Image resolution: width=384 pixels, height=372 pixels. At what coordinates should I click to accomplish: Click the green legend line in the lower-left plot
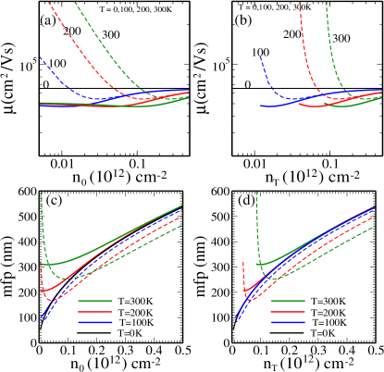click(x=94, y=301)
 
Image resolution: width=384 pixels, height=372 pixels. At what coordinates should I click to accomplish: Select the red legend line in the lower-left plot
click(x=94, y=312)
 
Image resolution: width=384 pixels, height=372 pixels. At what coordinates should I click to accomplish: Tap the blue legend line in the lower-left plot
click(x=94, y=322)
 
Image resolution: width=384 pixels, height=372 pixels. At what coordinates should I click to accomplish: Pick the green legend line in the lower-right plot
click(x=288, y=301)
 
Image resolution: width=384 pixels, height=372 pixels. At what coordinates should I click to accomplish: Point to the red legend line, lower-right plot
click(x=288, y=312)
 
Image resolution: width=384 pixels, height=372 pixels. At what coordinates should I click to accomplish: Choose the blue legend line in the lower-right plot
click(x=288, y=322)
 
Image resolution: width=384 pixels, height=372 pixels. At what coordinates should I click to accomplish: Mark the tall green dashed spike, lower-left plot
click(x=43, y=222)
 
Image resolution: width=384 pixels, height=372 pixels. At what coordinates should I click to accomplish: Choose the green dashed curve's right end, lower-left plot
click(x=180, y=225)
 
